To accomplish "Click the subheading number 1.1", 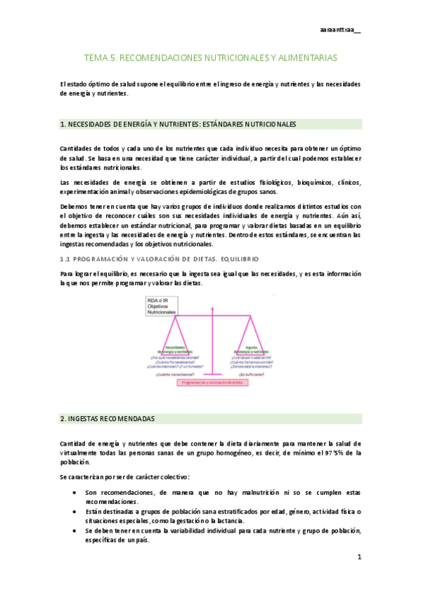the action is (x=67, y=259).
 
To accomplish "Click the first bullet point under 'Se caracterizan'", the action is (x=75, y=493).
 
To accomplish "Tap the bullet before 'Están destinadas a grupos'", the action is (x=75, y=512).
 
